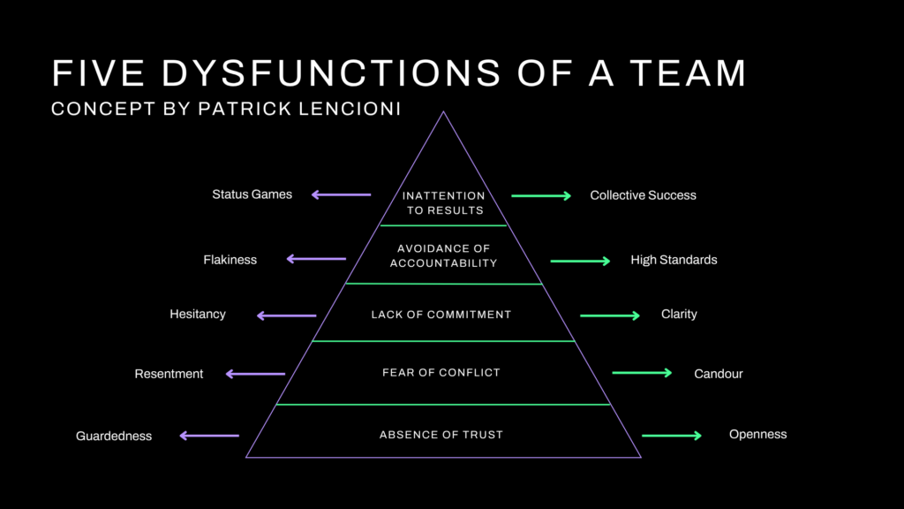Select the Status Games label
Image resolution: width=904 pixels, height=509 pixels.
(252, 194)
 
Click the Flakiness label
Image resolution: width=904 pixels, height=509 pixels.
(230, 260)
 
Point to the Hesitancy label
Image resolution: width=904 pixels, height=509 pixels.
(198, 314)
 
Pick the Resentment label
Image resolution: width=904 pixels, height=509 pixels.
(169, 374)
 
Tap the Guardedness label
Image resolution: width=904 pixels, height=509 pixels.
(114, 436)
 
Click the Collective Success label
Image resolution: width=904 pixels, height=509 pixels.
(643, 195)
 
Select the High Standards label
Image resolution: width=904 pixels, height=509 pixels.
(674, 260)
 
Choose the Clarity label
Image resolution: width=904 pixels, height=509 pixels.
(679, 314)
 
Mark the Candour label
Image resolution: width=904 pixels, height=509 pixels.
(719, 374)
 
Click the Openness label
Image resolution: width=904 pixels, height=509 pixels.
(757, 434)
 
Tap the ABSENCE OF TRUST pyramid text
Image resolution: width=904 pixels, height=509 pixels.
(441, 435)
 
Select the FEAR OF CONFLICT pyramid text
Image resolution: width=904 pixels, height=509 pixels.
(441, 373)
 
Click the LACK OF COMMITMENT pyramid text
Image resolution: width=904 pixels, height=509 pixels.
(441, 315)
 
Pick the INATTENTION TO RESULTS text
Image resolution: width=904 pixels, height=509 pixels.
(443, 203)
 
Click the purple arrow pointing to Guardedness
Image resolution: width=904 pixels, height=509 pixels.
(209, 436)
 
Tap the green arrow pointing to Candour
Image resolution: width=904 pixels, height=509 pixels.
(642, 373)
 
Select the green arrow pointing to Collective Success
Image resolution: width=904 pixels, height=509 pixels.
(541, 195)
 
